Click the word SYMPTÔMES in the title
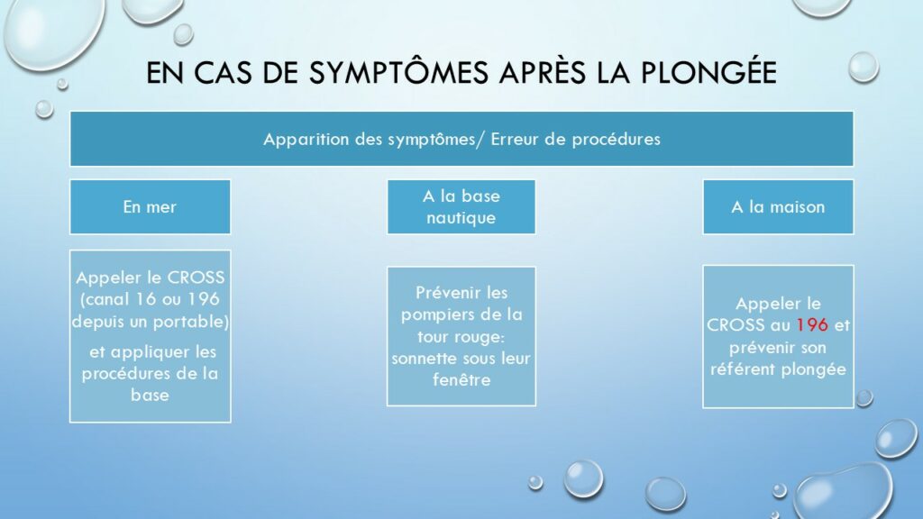click(398, 72)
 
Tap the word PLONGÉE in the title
click(708, 72)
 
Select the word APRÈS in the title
click(542, 71)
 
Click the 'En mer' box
click(151, 207)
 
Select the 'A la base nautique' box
click(461, 207)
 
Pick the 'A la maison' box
click(778, 207)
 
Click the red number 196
click(812, 324)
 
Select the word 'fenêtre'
click(461, 379)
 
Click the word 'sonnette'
click(423, 359)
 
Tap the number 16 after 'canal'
click(146, 299)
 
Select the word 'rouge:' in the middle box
click(480, 337)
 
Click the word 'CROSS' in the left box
click(196, 278)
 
